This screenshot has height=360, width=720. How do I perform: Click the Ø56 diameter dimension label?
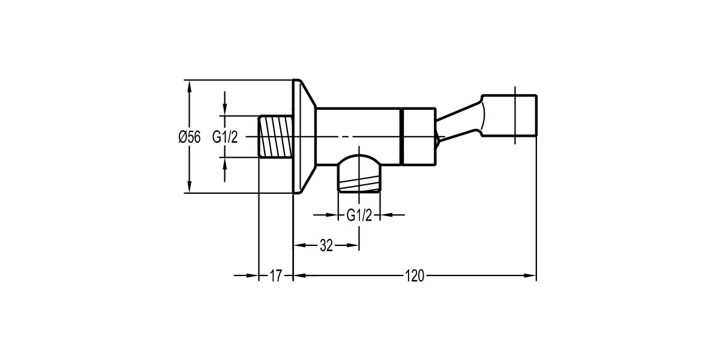point(189,137)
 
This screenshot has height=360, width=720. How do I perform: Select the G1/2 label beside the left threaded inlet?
point(225,137)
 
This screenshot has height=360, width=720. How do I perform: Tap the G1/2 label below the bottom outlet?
point(359,215)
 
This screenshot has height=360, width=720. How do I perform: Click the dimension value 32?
point(326,245)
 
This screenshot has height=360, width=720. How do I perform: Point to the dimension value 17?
point(275,276)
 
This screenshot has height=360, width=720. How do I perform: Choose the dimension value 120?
point(415,276)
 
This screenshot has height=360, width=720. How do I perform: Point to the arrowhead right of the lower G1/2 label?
point(387,215)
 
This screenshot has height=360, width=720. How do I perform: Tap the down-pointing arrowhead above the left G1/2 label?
point(225,111)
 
